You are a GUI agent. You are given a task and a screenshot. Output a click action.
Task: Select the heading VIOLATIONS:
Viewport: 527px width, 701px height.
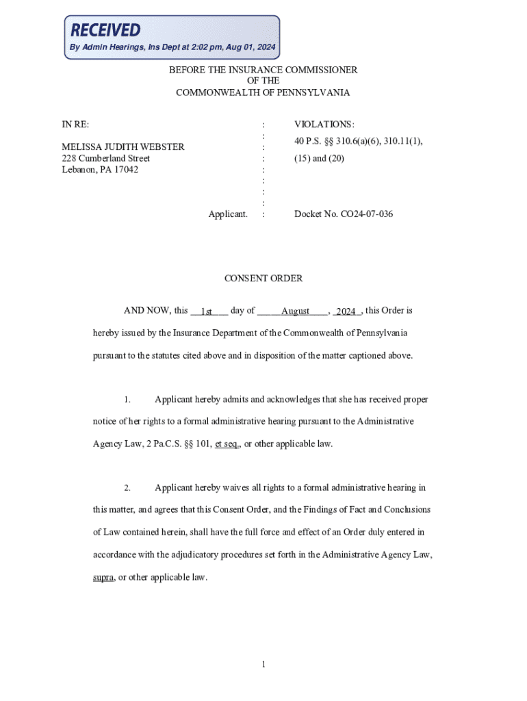click(x=324, y=125)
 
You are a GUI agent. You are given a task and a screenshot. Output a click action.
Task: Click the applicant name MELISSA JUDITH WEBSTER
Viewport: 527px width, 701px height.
click(x=123, y=147)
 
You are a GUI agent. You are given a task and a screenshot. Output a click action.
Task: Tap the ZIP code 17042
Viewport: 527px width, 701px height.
click(x=125, y=170)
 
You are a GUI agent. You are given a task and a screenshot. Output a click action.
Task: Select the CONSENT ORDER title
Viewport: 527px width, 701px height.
click(x=263, y=279)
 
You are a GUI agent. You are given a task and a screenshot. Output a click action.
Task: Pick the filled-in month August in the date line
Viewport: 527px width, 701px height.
click(x=296, y=311)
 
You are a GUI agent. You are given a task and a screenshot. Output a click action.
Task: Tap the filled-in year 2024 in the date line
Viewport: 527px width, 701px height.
click(x=346, y=311)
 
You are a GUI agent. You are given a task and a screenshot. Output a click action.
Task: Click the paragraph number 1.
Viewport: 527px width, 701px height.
click(x=127, y=399)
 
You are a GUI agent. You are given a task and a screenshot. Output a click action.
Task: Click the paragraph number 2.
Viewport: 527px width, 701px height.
click(x=127, y=488)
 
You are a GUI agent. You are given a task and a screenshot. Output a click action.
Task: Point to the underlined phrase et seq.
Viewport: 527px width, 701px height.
click(x=227, y=444)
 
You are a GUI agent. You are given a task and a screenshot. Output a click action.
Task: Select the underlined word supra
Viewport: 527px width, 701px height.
click(x=103, y=577)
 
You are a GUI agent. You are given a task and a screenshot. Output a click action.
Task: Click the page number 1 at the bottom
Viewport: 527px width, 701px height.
click(x=263, y=665)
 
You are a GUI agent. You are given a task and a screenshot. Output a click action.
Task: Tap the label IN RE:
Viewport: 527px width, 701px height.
click(x=75, y=125)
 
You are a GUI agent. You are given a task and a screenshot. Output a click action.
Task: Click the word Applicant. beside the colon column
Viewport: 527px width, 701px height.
click(x=228, y=214)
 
